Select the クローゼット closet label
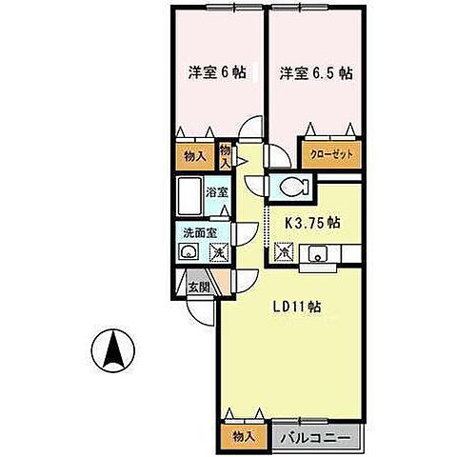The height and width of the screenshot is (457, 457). (329, 152)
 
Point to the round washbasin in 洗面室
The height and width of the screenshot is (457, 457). (188, 252)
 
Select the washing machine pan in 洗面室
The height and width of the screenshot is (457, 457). (220, 253)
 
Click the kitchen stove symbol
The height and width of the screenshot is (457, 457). (283, 253)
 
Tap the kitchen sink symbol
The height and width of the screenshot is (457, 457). (318, 253)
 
